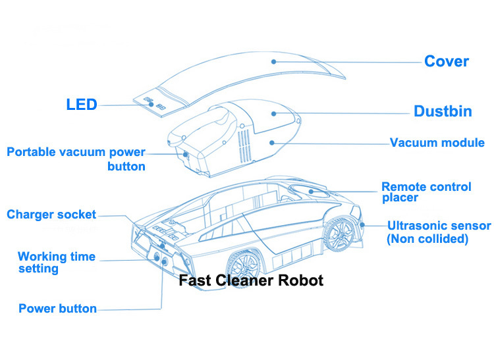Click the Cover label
click(446, 62)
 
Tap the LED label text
click(82, 105)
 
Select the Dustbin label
click(443, 111)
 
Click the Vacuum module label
click(437, 143)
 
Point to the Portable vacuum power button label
click(76, 159)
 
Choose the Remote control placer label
click(425, 192)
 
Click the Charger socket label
click(51, 215)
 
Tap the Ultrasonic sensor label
click(439, 226)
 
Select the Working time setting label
click(57, 263)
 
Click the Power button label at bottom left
click(57, 309)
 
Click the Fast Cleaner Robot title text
click(252, 280)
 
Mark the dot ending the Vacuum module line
click(271, 141)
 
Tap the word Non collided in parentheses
click(428, 239)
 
